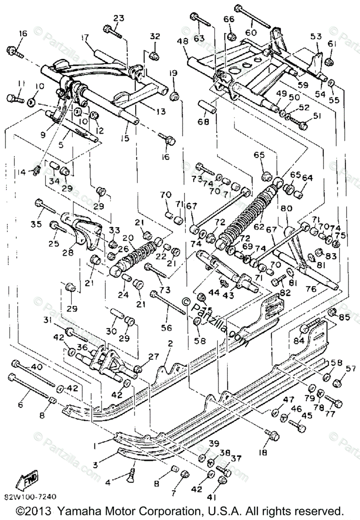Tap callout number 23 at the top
[119, 18]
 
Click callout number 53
[316, 36]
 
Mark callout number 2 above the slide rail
[170, 344]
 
